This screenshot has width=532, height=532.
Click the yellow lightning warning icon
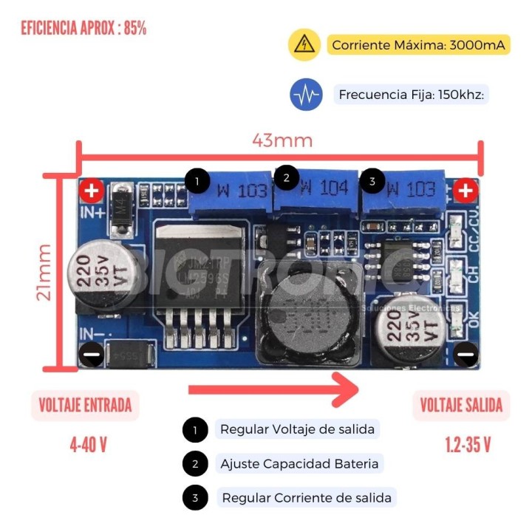(304, 45)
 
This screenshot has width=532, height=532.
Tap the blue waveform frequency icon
(306, 95)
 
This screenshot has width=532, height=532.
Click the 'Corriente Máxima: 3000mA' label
(419, 45)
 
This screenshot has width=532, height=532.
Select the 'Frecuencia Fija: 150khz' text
(414, 95)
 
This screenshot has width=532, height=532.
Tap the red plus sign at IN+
(92, 192)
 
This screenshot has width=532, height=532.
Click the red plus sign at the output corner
(465, 191)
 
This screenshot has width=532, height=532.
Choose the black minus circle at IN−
(92, 355)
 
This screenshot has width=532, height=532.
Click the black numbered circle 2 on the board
(286, 177)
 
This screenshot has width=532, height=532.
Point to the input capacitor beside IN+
(103, 275)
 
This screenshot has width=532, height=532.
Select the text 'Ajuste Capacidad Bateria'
(299, 464)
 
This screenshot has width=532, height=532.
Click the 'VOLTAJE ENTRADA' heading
(85, 405)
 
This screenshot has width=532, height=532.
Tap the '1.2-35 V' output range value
(468, 445)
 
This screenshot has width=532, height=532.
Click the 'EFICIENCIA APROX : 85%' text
(83, 29)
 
